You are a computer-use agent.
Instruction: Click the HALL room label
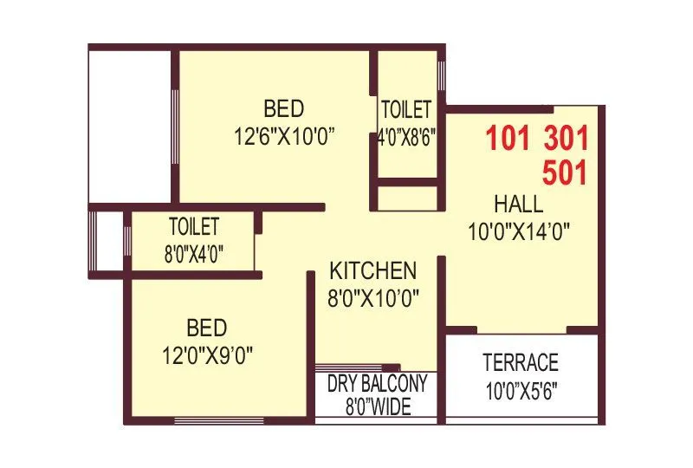pos(519,205)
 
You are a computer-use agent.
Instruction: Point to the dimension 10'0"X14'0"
pos(519,231)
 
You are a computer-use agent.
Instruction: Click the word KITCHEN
pos(373,270)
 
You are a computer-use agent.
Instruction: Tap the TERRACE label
pos(521,362)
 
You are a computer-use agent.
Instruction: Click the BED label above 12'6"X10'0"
pos(284,109)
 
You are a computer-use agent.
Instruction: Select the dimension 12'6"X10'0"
pos(284,136)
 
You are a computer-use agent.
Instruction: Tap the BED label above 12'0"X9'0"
pos(207,328)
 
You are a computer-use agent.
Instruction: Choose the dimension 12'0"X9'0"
pos(207,355)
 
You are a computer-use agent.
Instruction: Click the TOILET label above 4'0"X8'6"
pos(405,110)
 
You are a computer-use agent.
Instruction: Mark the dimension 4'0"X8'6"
pos(405,136)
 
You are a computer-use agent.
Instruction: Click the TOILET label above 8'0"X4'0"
pos(194,227)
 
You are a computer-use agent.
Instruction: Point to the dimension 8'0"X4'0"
pos(194,254)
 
